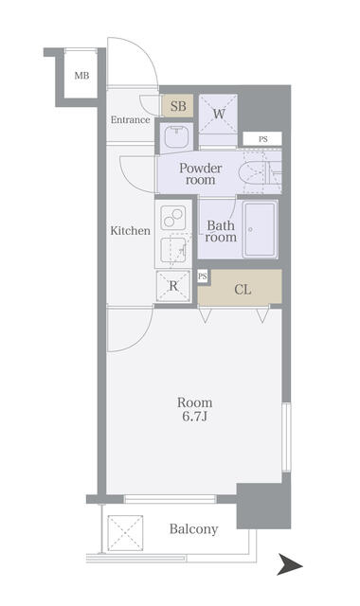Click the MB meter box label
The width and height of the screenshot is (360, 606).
(81, 76)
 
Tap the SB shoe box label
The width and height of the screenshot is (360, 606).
(178, 106)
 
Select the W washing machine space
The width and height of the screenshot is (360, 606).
(219, 114)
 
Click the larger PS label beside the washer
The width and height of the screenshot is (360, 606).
(263, 139)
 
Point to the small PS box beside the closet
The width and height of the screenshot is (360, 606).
(203, 276)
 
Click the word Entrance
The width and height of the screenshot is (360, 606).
(131, 120)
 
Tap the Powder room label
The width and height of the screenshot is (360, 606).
(200, 174)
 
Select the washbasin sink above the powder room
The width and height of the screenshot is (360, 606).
(177, 136)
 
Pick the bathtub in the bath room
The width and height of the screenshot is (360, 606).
(261, 229)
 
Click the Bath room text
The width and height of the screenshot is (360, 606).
(221, 231)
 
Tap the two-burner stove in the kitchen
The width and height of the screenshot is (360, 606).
(172, 217)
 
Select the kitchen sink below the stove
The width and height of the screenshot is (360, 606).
(174, 250)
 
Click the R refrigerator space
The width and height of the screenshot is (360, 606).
(173, 286)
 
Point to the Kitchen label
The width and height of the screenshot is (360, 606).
(131, 231)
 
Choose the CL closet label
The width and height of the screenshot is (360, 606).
(243, 290)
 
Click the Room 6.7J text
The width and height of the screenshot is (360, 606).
(195, 409)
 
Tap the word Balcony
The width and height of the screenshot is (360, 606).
(193, 528)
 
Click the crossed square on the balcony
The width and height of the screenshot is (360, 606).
(125, 532)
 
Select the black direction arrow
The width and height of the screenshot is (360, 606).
(290, 564)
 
